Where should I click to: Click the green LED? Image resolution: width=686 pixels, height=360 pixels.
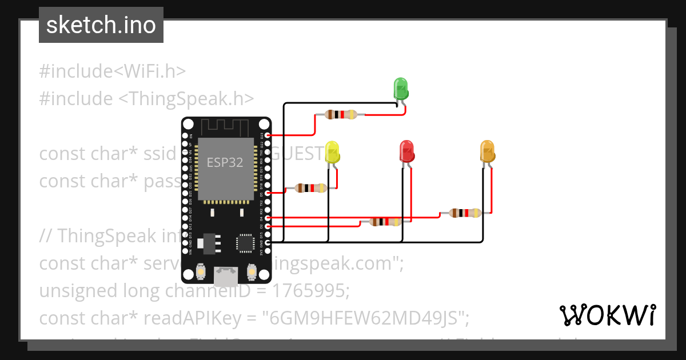pos(401,89)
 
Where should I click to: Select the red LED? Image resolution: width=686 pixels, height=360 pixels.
pos(406,151)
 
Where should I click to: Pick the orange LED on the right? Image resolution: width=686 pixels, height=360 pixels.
pos(487,151)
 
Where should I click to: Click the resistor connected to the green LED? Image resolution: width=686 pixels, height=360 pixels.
pos(341,114)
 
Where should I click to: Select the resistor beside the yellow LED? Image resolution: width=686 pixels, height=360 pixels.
pos(310,188)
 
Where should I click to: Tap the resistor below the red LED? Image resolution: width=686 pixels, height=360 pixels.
pos(385,222)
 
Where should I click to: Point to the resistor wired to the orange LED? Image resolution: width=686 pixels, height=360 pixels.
pos(465,213)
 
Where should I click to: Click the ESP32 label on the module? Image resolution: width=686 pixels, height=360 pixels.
pos(225,162)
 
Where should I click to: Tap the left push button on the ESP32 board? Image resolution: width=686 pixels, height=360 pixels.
pos(201,271)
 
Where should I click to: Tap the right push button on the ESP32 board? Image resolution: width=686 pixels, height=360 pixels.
pos(250,271)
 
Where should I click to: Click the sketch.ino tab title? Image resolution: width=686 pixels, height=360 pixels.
pos(101,25)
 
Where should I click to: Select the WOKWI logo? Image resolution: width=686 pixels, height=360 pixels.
pos(607,315)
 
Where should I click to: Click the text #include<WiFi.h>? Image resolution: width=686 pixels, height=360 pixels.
pos(113,71)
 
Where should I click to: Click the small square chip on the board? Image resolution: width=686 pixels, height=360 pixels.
pos(246,242)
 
